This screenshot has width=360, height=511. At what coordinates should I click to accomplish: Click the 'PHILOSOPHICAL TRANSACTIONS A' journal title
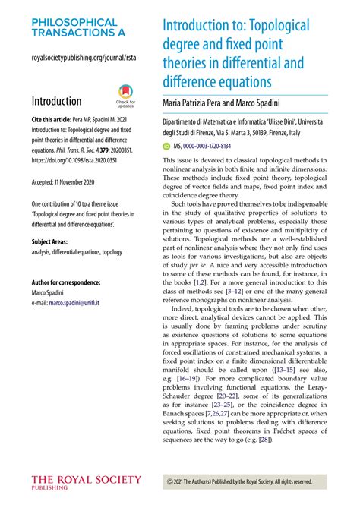[74, 28]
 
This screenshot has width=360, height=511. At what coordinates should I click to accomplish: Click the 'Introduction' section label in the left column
[56, 101]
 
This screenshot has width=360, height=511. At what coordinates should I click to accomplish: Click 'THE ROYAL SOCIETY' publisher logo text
[86, 480]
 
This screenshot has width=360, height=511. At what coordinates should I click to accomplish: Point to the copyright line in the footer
[238, 481]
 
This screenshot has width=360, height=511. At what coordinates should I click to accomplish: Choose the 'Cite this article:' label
[57, 120]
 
